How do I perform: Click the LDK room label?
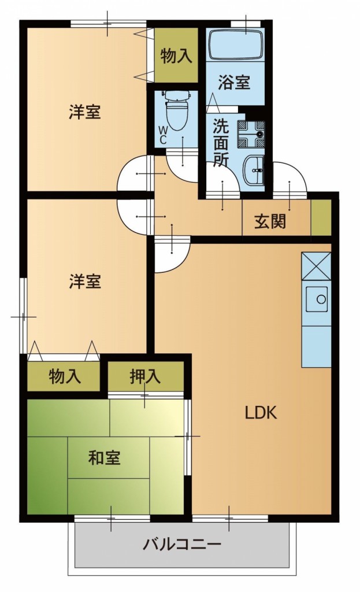pos(261,413)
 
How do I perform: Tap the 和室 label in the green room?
pos(104,458)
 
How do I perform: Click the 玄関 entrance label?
pos(270,221)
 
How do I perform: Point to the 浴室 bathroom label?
pos(234,82)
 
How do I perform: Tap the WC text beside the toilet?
pos(162,135)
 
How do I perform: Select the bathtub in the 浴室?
pos(235,45)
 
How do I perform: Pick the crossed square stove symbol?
pos(316,267)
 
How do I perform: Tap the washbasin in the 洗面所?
pos(254,169)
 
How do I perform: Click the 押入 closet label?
pos(145,377)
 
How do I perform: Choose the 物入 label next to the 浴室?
pos(176,57)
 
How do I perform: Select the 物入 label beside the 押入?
pos(65,377)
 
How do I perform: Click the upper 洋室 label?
pos(85,112)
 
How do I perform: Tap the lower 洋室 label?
pos(85,282)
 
